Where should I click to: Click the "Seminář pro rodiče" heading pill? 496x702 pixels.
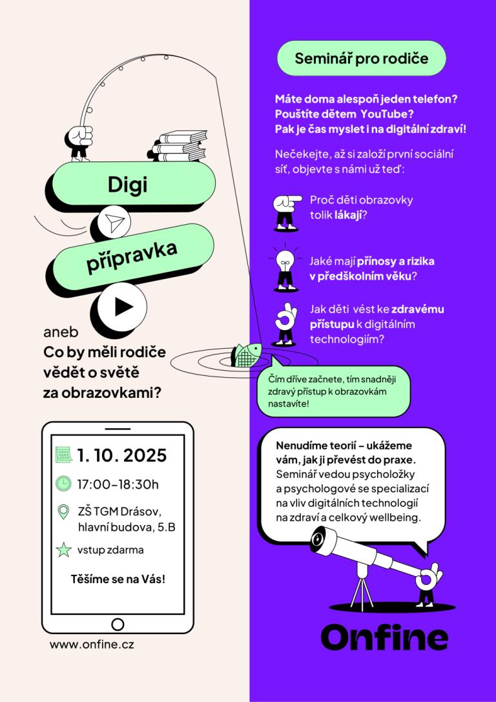[x=361, y=58]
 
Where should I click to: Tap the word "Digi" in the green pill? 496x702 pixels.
[x=128, y=184]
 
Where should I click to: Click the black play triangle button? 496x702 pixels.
[x=123, y=307]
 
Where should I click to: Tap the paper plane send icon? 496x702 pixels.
[x=114, y=222]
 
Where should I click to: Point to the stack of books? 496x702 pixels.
[x=178, y=147]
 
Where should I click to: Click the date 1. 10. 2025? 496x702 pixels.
[x=122, y=456]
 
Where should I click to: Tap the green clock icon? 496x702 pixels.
[x=63, y=483]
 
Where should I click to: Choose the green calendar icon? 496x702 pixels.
[x=63, y=455]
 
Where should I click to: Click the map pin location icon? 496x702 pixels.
[x=64, y=511]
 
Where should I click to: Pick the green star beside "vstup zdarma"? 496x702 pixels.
[x=64, y=550]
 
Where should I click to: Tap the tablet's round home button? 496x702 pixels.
[x=118, y=624]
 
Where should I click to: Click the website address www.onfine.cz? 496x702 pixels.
[x=92, y=645]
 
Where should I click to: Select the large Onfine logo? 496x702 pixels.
[x=384, y=637]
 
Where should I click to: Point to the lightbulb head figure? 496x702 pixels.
[x=285, y=269]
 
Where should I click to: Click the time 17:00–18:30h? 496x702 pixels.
[x=118, y=484]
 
